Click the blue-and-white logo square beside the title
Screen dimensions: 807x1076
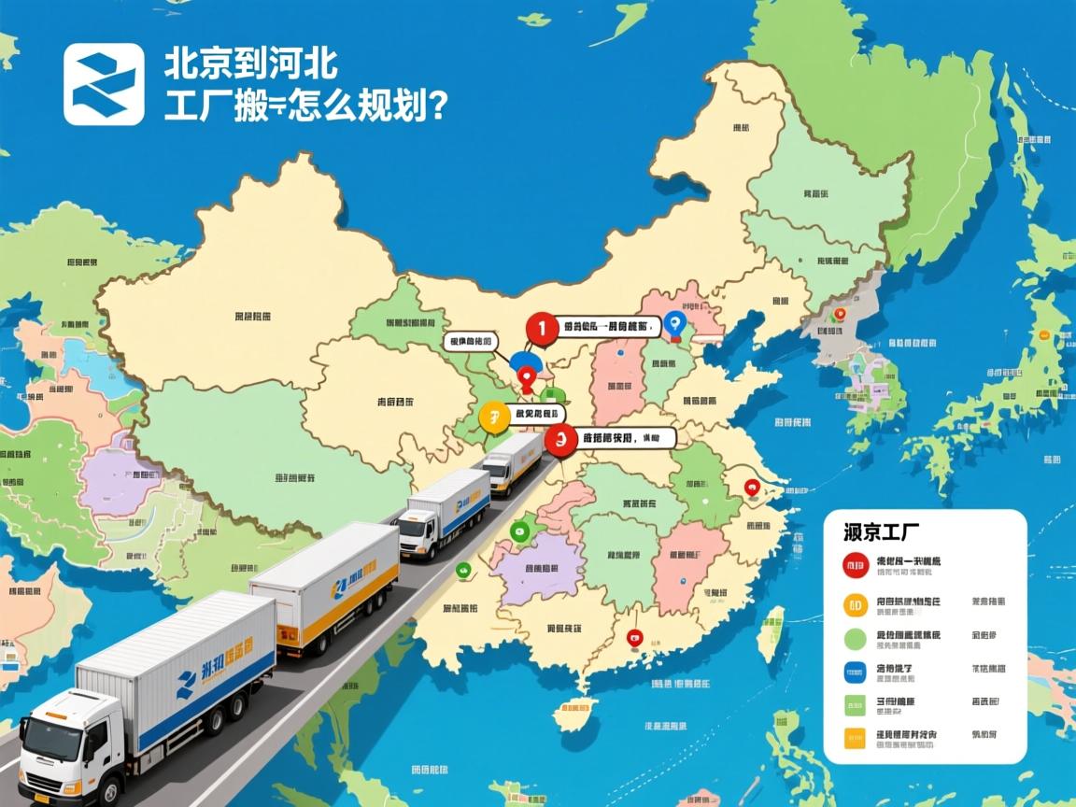[104, 84]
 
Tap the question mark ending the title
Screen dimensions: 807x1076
[432, 105]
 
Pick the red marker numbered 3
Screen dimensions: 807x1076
[559, 438]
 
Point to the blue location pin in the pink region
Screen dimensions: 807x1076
[677, 322]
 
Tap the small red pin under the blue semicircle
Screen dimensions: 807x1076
[527, 379]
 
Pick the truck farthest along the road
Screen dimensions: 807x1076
[512, 462]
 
